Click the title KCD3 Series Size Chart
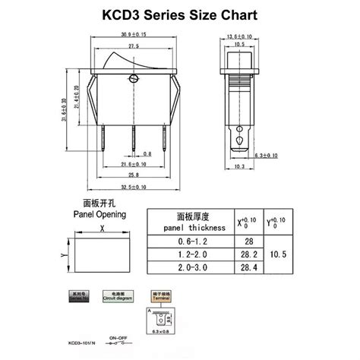[180, 14]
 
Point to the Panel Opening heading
[99, 214]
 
